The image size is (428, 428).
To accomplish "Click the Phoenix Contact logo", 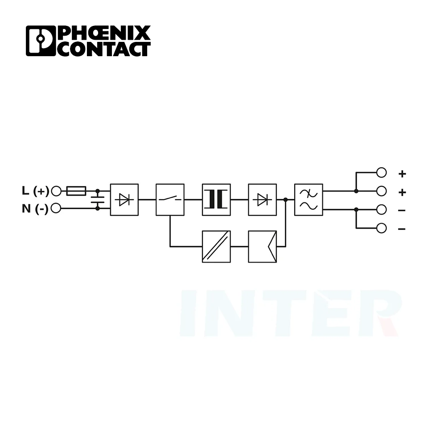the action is point(88,41).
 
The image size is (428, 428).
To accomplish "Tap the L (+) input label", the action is point(35,191).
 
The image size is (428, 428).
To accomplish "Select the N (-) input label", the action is point(35,208).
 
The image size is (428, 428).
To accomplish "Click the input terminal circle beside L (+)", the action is point(56,191).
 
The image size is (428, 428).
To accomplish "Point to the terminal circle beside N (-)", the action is point(56,208).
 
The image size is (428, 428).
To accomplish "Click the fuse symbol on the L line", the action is point(76,191).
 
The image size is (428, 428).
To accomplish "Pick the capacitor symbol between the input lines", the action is point(98,200).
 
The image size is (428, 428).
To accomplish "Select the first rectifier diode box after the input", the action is point(124,200).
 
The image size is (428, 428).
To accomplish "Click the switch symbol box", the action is point(170,200).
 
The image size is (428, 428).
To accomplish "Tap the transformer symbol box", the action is point(216,200).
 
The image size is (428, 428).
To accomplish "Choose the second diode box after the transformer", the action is point(263,200).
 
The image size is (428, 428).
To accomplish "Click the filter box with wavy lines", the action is point(309,200).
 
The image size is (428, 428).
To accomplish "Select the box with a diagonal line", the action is point(216,246).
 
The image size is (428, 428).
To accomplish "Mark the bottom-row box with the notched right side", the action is point(263,246).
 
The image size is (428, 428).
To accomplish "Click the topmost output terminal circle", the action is point(381,173).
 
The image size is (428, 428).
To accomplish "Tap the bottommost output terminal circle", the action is point(381,228).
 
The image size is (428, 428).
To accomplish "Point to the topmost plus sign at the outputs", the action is point(402,173).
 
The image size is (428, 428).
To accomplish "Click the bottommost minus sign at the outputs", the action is point(402,229).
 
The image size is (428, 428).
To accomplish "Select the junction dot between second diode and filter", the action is point(285,200).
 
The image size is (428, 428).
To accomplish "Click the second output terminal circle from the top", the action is point(381,191).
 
